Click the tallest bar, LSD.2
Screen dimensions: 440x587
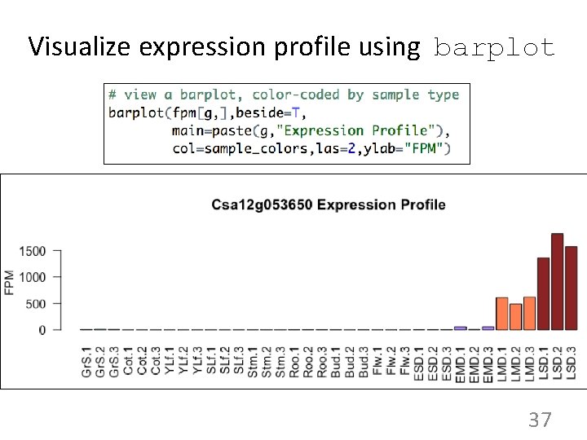point(558,282)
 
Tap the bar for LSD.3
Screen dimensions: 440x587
point(571,288)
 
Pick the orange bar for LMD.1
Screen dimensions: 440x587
point(502,314)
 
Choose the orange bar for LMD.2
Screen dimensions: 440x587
point(516,317)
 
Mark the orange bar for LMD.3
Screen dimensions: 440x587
point(530,314)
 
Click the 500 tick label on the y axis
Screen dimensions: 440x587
point(37,304)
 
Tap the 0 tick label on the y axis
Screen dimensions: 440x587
point(42,330)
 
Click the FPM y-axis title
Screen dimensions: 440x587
point(10,282)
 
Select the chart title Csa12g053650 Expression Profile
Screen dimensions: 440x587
point(329,205)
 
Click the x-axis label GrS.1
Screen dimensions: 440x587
point(86,360)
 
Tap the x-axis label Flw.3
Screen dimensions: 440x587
point(405,360)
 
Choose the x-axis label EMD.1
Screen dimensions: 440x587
point(461,360)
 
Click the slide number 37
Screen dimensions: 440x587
point(540,420)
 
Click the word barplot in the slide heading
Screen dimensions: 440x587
point(495,47)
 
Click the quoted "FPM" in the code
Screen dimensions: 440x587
point(429,148)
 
